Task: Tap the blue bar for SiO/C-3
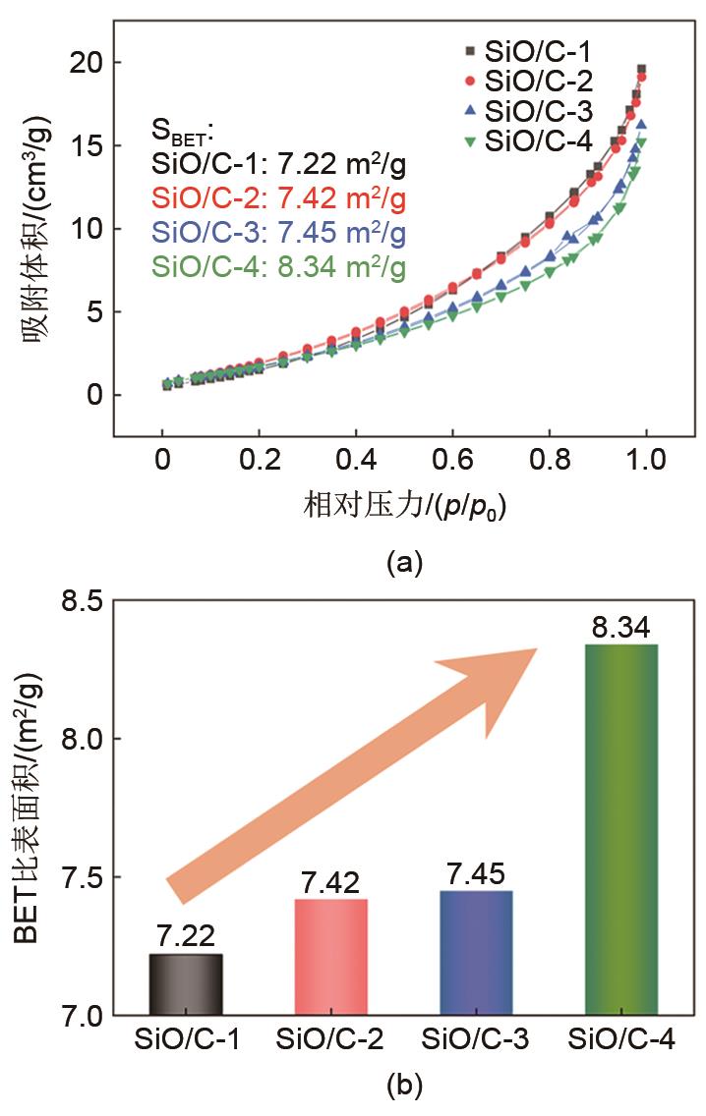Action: pos(477,952)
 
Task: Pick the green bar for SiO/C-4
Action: pos(621,829)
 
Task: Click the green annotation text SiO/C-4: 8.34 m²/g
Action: pos(278,266)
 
